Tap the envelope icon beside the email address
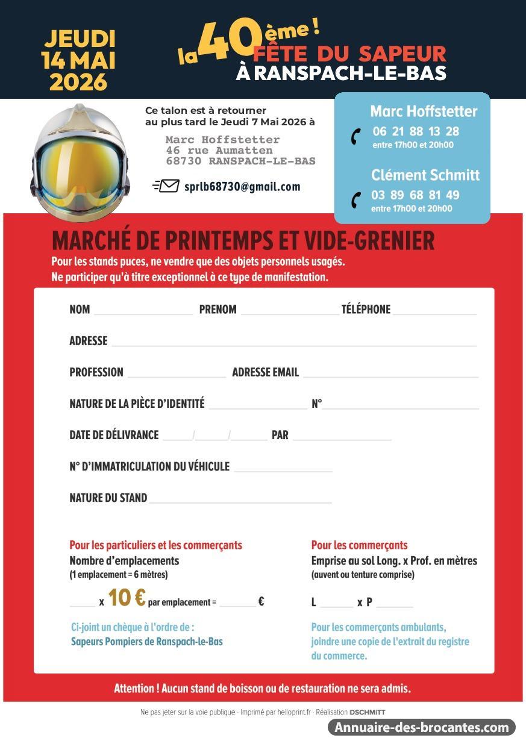pos(166,186)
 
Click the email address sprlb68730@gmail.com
pos(242,187)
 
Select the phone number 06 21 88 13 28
pos(416,131)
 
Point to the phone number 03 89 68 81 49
pos(415,195)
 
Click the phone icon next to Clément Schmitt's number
pos(356,200)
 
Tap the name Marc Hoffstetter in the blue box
pos(424,111)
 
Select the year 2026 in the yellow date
pos(78,82)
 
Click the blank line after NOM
pos(143,312)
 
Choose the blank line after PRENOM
pos(289,312)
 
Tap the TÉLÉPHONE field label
pos(366,310)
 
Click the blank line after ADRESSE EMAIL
pos(390,375)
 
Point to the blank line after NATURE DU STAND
pos(240,500)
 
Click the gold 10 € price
pos(127,598)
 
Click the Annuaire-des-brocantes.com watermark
pos(422,727)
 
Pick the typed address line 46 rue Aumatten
pos(219,151)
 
